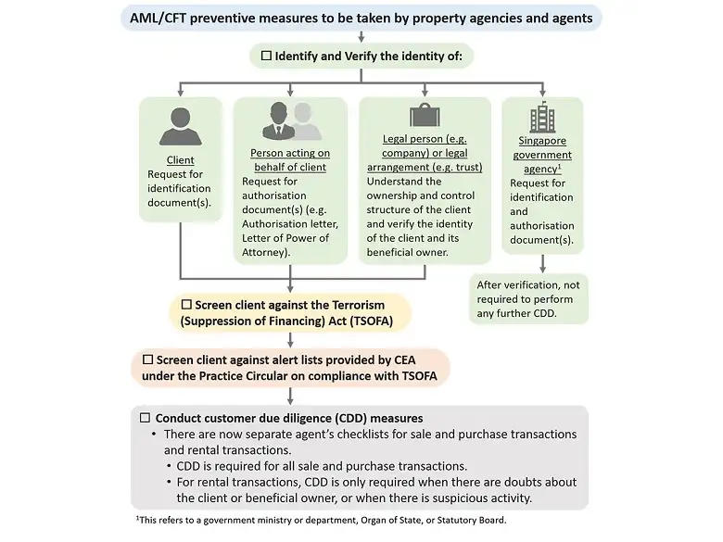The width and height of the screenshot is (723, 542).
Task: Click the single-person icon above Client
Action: coord(181,126)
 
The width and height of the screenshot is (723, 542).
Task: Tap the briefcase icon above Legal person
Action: coord(424,116)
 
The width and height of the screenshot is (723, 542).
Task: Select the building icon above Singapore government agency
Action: coord(541,118)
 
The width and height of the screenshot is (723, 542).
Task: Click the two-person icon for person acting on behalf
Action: coord(290,121)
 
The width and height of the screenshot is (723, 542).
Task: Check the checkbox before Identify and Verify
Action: coord(265,57)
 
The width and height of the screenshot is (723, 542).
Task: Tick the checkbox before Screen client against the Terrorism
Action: coord(185,305)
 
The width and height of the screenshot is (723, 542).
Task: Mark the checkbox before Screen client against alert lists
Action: coord(147,359)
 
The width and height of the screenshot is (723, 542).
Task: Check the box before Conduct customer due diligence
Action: coord(145,418)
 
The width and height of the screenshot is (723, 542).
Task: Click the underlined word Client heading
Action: coord(180,160)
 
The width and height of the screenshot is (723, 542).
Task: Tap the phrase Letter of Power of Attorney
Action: coord(285,245)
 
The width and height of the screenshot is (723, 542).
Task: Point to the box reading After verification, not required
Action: coord(528,298)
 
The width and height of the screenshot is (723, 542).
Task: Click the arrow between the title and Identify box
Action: coord(361,36)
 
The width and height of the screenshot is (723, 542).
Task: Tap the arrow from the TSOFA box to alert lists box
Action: coord(291,339)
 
